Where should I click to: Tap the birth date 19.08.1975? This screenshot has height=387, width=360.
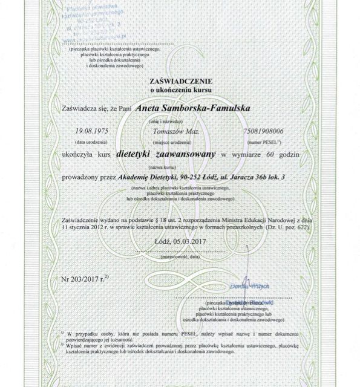pos(90,131)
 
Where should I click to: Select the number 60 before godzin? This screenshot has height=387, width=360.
pos(270,155)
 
